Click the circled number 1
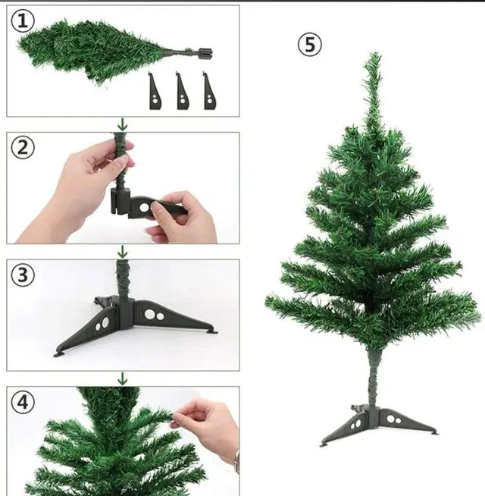(23, 21)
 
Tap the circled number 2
(23, 148)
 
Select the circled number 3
(23, 275)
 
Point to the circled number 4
(23, 403)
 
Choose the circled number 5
(310, 45)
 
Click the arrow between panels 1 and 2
(122, 124)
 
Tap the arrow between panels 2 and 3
(122, 252)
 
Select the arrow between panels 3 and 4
(122, 379)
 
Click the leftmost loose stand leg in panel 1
(155, 92)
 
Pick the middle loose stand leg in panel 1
(183, 92)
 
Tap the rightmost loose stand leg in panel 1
(210, 92)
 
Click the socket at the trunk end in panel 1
(205, 53)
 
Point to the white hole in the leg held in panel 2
(144, 208)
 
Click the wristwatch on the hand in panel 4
(236, 460)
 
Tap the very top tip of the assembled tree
(375, 53)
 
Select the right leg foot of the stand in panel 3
(212, 331)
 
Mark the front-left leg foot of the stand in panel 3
(59, 354)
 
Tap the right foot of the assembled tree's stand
(433, 433)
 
